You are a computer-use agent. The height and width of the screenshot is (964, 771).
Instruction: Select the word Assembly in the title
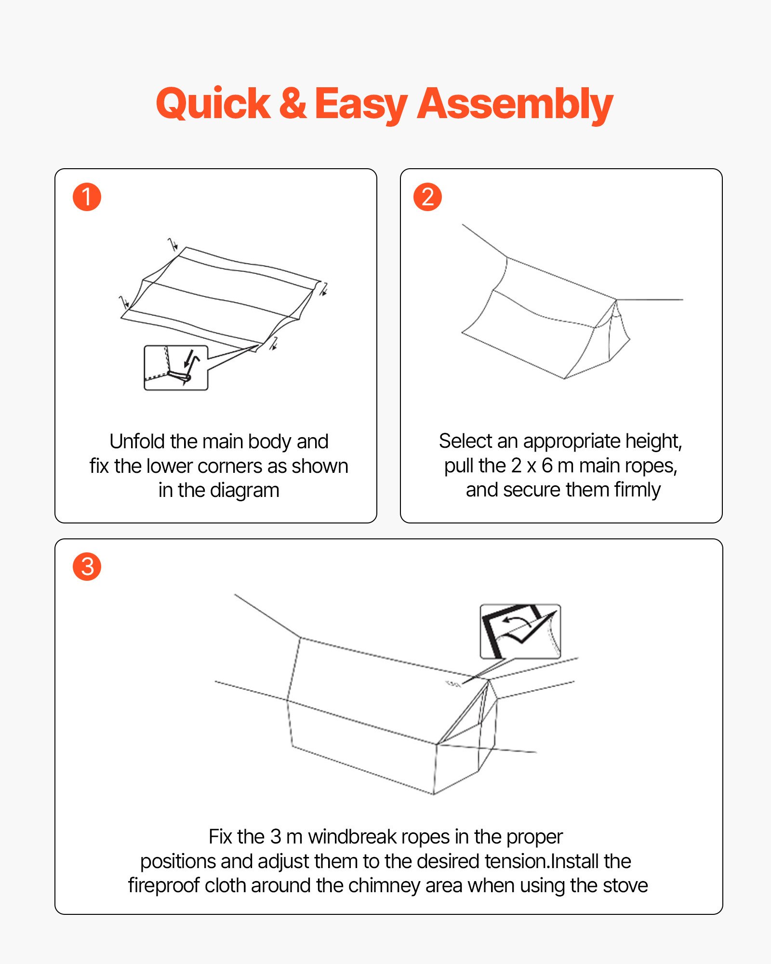point(515,105)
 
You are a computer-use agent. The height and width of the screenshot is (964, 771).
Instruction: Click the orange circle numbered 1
point(87,197)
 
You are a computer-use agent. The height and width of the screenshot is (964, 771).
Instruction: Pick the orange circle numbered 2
point(427,197)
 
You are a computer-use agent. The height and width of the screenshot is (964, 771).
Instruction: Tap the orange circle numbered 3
point(87,566)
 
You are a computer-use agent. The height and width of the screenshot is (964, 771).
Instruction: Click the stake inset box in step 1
point(176,367)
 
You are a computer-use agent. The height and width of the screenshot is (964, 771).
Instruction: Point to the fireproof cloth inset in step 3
point(520,631)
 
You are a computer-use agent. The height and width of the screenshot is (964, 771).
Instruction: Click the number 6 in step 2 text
point(547,466)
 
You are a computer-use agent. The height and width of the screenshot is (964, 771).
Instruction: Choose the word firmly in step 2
point(637,490)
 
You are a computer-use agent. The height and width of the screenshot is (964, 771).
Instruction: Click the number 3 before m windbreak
point(276,837)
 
